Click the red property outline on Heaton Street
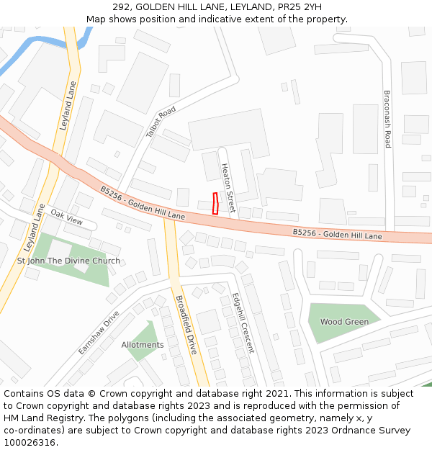(215, 203)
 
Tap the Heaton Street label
(228, 188)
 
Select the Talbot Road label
(161, 122)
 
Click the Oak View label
(67, 220)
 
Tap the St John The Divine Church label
(68, 261)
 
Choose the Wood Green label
(344, 322)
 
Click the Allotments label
(143, 345)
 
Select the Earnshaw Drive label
(99, 333)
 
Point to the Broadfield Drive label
(186, 324)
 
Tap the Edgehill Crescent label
(243, 323)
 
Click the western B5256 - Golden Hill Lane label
(143, 204)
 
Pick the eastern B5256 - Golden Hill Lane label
(338, 234)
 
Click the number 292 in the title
(120, 7)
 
